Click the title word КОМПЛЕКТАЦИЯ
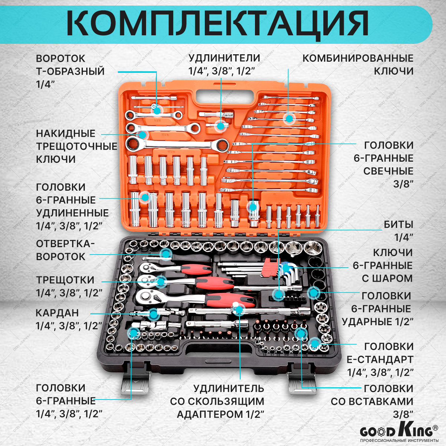[x=217, y=23]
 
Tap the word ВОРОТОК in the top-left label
[x=61, y=59]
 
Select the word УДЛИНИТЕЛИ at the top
[x=224, y=58]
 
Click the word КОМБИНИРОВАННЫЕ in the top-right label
[x=358, y=58]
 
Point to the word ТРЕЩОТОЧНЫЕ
[x=77, y=146]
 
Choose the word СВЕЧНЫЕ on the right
[x=388, y=171]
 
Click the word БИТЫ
[x=398, y=225]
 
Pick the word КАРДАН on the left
[x=58, y=313]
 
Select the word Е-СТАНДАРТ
[x=380, y=359]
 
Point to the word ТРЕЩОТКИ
[x=65, y=280]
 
